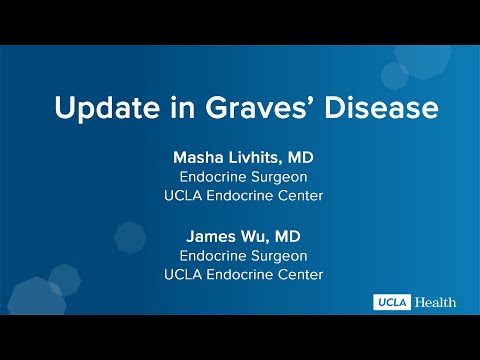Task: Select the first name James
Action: (210, 237)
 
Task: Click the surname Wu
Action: (256, 237)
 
